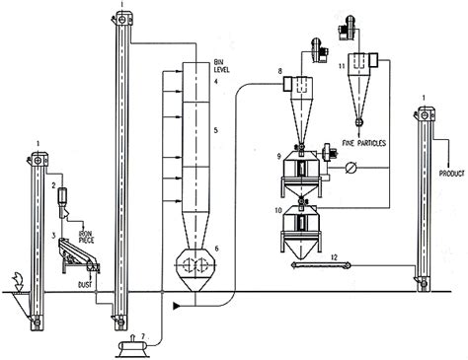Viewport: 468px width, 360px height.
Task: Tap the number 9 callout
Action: (x=279, y=155)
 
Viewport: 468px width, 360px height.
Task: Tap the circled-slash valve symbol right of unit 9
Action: (x=351, y=170)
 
